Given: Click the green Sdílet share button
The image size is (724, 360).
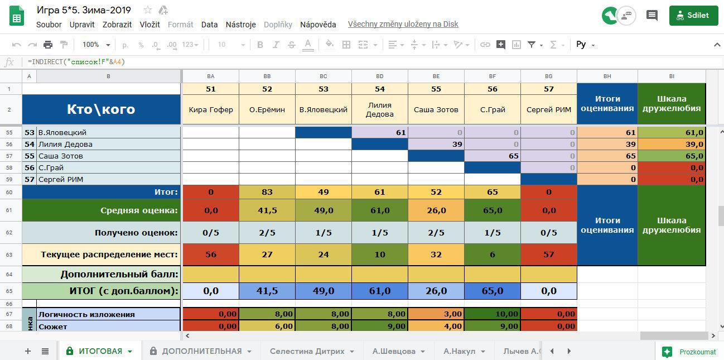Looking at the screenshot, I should tap(693, 16).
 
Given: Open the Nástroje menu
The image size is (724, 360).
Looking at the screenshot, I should tap(240, 25).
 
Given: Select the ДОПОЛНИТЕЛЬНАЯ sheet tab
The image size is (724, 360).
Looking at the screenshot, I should tap(201, 351).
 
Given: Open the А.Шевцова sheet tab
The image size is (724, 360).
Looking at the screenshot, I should tap(394, 351).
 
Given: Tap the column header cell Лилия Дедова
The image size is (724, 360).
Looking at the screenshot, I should tap(379, 109).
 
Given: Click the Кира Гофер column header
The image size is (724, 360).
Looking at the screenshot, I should tap(210, 109).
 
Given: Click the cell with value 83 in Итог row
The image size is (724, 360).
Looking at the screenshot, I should tap(267, 192).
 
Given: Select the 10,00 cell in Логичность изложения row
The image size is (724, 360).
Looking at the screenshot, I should tap(492, 314).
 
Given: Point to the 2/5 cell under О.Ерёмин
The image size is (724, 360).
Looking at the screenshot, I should tap(267, 233).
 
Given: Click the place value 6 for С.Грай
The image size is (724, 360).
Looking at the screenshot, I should tap(492, 255).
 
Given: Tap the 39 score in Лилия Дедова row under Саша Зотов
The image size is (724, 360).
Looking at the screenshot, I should tap(436, 144).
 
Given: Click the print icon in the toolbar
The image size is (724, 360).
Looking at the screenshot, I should tap(48, 45).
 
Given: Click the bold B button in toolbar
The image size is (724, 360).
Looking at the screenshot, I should tap(260, 45).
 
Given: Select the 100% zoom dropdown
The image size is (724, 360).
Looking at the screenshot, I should tap(95, 45).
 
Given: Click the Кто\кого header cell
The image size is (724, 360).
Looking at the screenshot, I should tap(101, 109).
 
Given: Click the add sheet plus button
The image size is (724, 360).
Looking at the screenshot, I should tap(27, 351).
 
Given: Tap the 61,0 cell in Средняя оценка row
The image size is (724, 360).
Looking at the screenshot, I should tap(379, 210).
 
